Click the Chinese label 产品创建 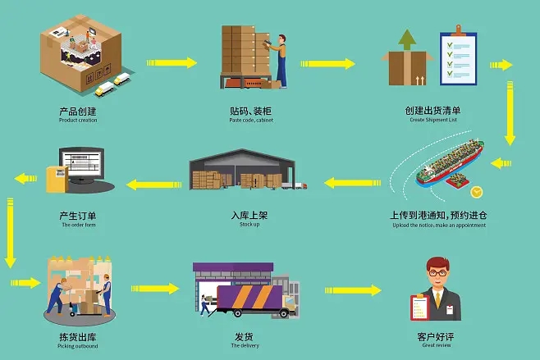(79, 111)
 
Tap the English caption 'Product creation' (79, 121)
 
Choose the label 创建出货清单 (432, 111)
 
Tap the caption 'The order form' (79, 225)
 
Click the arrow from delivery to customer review (353, 290)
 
